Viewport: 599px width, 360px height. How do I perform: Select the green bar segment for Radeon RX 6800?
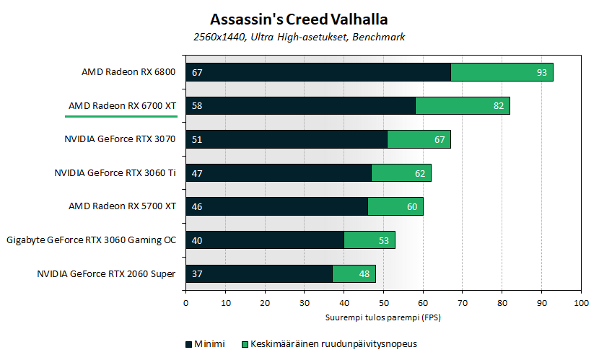[x=502, y=72]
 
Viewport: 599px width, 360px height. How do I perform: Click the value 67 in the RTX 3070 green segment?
[x=440, y=139]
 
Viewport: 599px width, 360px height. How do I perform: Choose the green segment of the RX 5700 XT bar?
[x=395, y=206]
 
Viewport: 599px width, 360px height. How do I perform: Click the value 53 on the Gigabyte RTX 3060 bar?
[x=384, y=240]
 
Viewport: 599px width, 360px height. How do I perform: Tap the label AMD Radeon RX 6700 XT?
[x=122, y=106]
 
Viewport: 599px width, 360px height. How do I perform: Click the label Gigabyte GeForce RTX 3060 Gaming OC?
[x=91, y=240]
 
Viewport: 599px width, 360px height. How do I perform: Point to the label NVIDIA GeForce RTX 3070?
[x=119, y=139]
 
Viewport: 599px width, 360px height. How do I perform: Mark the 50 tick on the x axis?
[x=383, y=303]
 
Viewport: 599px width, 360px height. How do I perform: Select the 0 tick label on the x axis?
[x=186, y=303]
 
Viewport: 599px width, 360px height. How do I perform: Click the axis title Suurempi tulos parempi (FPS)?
[x=383, y=317]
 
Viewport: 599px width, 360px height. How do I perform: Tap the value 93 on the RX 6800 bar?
[x=542, y=72]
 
